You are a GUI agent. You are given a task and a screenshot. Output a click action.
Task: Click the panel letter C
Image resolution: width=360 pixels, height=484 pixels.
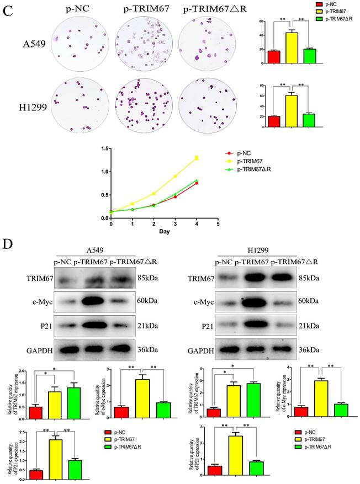coord(7,9)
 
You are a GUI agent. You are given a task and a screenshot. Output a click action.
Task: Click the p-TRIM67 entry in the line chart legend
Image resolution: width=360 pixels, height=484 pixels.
coord(250,161)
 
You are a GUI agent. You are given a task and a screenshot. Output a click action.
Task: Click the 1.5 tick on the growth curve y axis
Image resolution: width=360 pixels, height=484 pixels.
coord(103,148)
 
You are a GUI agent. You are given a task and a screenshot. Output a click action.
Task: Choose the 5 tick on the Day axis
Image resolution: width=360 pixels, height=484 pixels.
coord(218,224)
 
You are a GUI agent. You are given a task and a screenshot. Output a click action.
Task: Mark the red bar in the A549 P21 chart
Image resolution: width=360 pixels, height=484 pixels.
coord(36,474)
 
